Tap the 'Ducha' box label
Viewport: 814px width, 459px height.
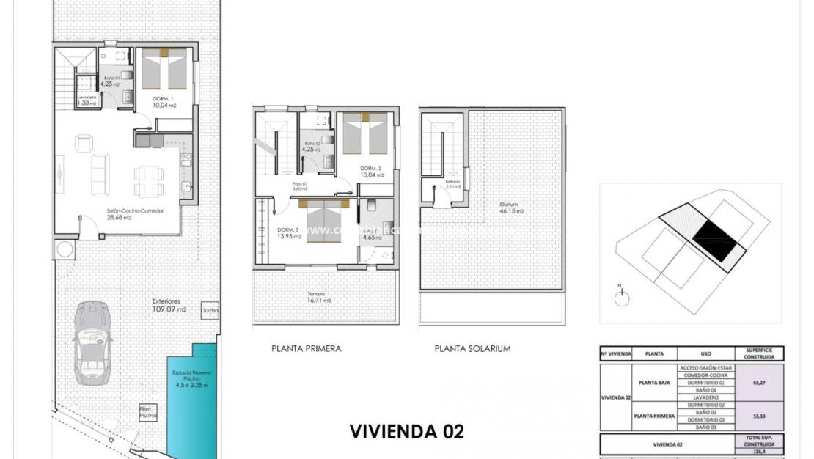point(209,310)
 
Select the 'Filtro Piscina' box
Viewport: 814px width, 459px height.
point(149,412)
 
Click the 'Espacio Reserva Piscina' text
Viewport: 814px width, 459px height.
point(191,378)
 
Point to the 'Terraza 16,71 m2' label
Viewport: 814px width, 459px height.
point(318,297)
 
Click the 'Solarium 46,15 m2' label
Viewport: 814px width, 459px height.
point(511,208)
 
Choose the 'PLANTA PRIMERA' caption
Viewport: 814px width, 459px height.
point(306,349)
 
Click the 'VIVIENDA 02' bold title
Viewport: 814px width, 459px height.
point(406,430)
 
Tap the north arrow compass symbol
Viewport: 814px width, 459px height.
point(623,296)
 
